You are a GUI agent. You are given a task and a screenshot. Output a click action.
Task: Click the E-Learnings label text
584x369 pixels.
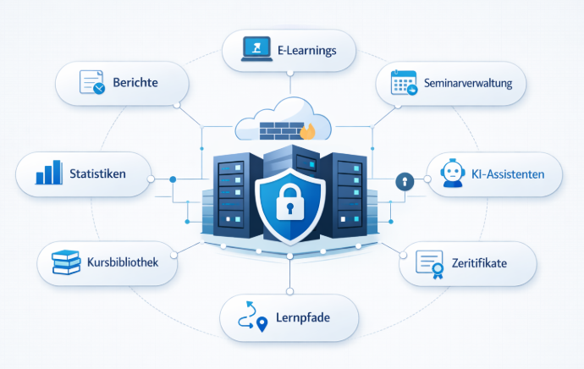306,50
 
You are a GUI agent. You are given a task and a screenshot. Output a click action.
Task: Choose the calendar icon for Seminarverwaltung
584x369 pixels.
403,83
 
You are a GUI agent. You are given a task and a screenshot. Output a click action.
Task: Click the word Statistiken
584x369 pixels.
98,173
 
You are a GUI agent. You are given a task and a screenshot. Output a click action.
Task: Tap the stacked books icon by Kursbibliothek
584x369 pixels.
65,263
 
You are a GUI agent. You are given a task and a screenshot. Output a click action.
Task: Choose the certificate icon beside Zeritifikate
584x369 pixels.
430,264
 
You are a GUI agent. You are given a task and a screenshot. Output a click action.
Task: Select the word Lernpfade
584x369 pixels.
303,319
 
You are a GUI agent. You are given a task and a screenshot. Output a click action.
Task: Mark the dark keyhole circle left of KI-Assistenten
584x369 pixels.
405,181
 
